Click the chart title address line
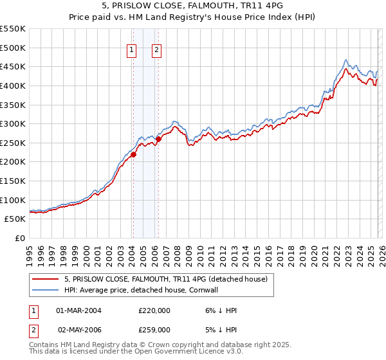[192, 5]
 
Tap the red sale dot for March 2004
[133, 154]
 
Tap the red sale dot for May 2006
[158, 139]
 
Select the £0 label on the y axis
[20, 238]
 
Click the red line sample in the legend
[46, 279]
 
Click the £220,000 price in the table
[154, 310]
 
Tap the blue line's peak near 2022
[346, 60]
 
